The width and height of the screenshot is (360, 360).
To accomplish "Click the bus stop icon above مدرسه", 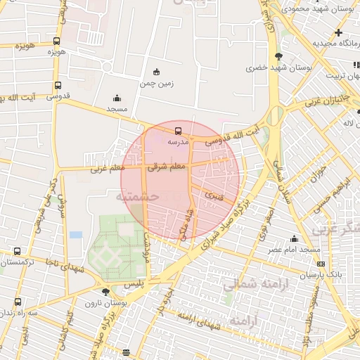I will click(x=177, y=130).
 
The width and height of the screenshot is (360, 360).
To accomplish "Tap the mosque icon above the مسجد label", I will click(x=117, y=98).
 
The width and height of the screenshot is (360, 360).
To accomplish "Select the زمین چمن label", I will click(x=155, y=84).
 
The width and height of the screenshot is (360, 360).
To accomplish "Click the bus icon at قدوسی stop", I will click(x=58, y=86).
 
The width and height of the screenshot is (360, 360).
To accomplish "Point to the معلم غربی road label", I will click(x=108, y=168).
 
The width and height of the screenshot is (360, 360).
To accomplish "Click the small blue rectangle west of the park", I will click(x=75, y=234).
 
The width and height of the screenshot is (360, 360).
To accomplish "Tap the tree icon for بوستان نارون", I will click(x=105, y=291).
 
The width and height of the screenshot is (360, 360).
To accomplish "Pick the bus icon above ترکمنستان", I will click(x=17, y=251).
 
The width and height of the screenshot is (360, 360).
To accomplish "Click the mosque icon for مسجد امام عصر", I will click(x=293, y=239).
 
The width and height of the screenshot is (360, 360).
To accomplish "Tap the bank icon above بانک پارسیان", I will click(x=321, y=264).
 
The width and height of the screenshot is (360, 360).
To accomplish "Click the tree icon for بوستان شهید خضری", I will click(x=279, y=56).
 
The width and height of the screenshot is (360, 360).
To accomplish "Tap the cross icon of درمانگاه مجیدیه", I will click(x=338, y=32).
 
